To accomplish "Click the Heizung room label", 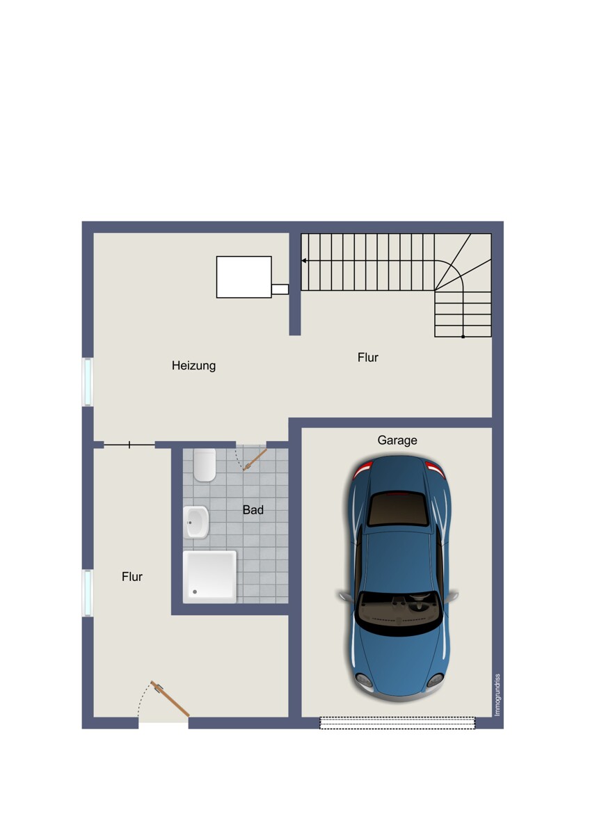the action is (x=193, y=365).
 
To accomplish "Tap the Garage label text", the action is (x=397, y=440).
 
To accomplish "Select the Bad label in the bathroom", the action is (x=253, y=509).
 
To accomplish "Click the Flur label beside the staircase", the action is (x=368, y=357).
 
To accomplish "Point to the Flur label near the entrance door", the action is (x=132, y=577).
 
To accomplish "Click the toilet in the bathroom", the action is (x=205, y=465).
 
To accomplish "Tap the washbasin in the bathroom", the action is (x=196, y=522).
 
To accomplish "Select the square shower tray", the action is (x=209, y=577).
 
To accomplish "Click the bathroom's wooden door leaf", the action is (x=255, y=460).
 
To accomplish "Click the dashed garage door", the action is (x=397, y=723).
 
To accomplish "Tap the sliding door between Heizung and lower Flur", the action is (x=129, y=445).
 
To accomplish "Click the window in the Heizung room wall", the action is (x=88, y=382).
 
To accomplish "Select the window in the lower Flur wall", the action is (x=88, y=592).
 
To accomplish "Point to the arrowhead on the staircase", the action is (x=304, y=260).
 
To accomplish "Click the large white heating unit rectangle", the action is (x=244, y=277).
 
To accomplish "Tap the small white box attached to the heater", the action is (x=280, y=289).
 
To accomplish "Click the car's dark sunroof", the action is (x=397, y=509).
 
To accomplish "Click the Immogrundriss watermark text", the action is (x=497, y=695).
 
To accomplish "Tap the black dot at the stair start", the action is (x=463, y=337).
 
